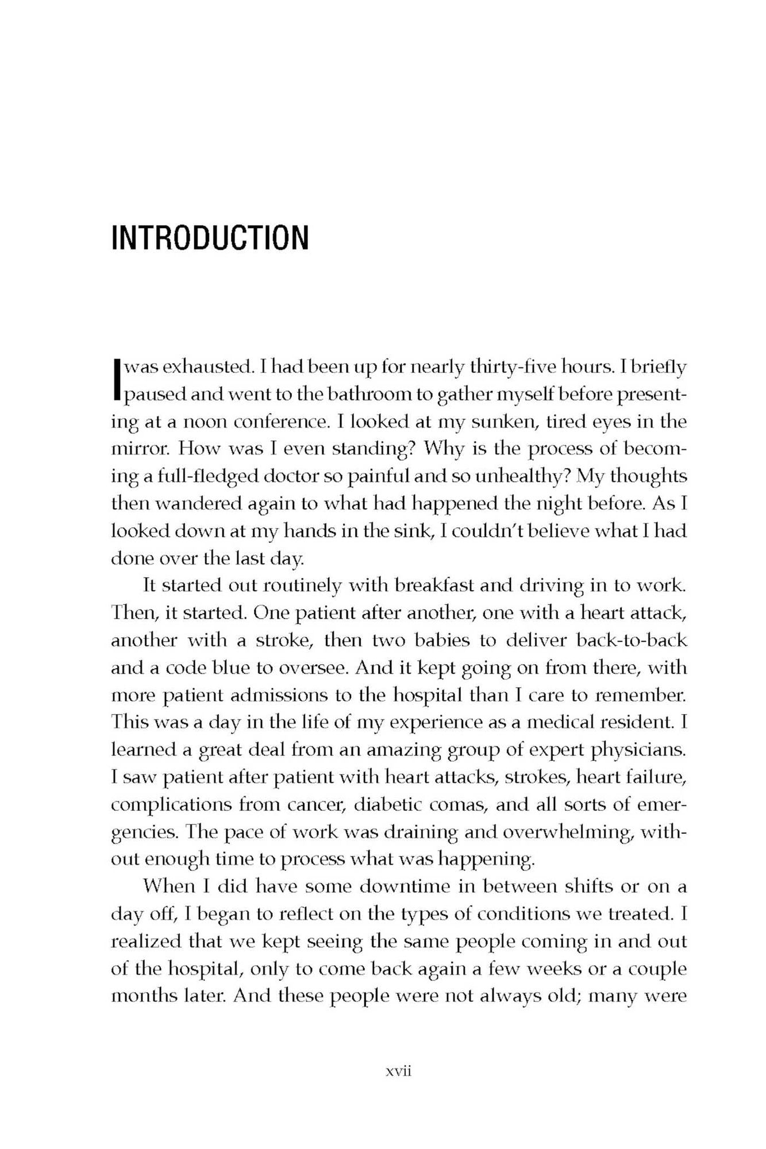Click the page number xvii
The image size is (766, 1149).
coord(399,1072)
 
